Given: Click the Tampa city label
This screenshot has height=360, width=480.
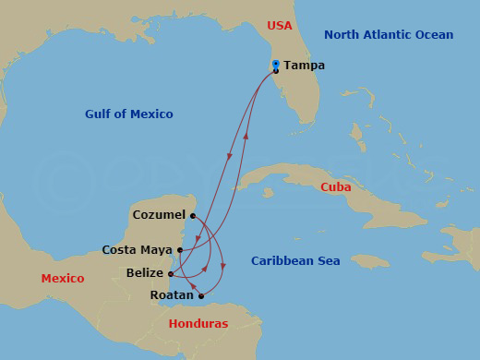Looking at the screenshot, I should tap(304, 66).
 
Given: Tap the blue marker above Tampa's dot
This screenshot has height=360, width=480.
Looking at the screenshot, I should tap(276, 64).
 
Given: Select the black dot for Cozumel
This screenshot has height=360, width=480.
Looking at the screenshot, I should tap(192, 215).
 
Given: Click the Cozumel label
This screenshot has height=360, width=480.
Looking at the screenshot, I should tap(159, 215).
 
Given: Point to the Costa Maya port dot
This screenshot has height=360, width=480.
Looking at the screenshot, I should tap(179, 249).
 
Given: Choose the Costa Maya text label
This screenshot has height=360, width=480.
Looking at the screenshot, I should tap(137, 249).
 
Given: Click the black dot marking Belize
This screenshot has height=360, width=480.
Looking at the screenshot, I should tap(172, 273).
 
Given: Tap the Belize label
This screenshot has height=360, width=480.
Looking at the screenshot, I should tap(146, 273).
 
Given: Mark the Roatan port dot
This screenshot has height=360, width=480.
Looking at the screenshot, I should tap(200, 296).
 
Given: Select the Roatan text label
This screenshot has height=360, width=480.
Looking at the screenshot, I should tap(172, 295).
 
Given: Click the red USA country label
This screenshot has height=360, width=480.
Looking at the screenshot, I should tap(280, 26).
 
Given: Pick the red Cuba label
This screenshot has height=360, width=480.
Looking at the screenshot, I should tap(335, 187).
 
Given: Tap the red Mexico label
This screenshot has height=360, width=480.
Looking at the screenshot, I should tap(62, 279).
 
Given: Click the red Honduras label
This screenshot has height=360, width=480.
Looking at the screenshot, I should tap(198, 324).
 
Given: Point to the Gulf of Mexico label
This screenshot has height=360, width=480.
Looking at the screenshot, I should tap(128, 114).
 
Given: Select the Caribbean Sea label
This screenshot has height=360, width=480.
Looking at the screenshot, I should tap(295, 261).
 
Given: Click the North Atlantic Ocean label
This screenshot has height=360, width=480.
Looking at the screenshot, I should tap(389, 35).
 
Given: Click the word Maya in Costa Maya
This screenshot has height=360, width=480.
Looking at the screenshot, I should tap(156, 249).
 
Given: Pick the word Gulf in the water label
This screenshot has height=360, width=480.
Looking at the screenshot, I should tap(99, 114).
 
